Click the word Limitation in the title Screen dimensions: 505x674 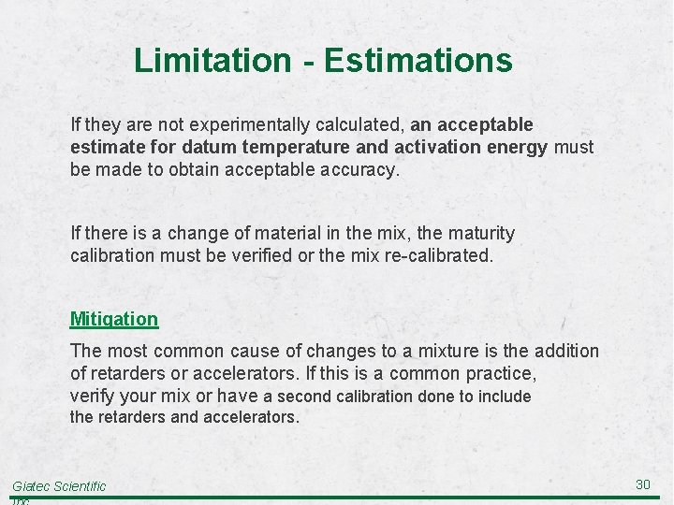coord(212,61)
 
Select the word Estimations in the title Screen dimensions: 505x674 coord(418,61)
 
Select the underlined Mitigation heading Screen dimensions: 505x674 coord(114,319)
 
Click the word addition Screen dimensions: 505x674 coord(565,351)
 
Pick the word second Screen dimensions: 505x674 coord(300,397)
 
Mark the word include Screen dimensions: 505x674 coord(505,397)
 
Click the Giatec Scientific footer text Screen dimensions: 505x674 coord(58,486)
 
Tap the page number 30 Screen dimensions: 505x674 coord(642,483)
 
